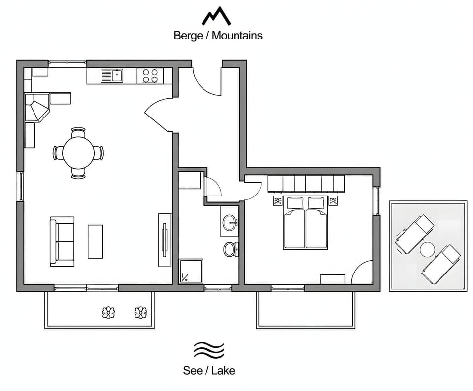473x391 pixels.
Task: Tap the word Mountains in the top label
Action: (237, 36)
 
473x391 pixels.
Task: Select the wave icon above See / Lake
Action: (209, 350)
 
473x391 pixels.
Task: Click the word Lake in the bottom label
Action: (223, 370)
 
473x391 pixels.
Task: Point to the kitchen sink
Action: (112, 76)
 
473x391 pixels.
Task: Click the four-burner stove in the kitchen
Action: (150, 76)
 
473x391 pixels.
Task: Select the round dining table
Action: (78, 153)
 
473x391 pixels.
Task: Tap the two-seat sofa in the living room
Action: (62, 241)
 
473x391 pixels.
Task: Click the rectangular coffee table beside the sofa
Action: (95, 241)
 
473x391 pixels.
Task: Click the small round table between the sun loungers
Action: (428, 250)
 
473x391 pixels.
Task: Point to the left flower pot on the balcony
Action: (108, 313)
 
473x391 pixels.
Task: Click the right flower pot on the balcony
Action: (140, 313)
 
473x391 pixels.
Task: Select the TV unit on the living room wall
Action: (165, 240)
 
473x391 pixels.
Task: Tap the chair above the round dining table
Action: (78, 132)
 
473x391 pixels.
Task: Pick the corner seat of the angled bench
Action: (35, 107)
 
